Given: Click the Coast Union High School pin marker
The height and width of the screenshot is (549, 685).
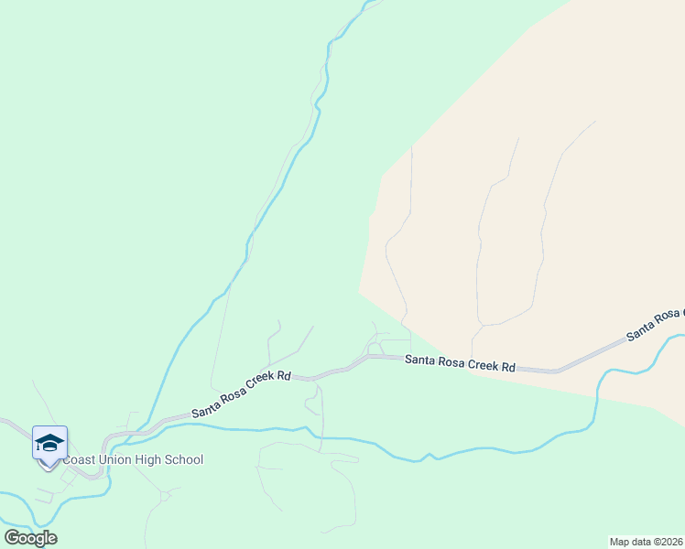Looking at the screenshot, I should coord(49,446).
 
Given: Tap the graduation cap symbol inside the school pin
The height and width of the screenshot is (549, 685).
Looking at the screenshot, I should coord(49,443).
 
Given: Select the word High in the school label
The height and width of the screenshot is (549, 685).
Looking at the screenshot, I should coord(149,460).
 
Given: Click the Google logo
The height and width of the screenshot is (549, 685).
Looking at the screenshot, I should coord(30,538).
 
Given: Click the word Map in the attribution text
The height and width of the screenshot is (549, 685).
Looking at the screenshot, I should coord(622,542).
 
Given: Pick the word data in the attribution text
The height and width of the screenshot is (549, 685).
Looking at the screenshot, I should coord(644,542).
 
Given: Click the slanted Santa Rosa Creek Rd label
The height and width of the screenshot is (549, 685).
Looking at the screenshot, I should coord(241,394).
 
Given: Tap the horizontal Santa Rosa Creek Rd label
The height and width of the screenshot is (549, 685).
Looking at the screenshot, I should coord(460,363).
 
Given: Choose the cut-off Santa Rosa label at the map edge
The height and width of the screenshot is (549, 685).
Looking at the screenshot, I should coord(655,324).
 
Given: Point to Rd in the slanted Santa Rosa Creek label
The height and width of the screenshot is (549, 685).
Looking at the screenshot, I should coord(284,375).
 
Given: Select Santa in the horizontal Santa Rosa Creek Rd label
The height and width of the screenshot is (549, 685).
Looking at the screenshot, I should coord(421,361).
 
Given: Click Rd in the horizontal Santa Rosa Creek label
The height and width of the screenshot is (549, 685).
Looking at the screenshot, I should coord(508,366).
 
